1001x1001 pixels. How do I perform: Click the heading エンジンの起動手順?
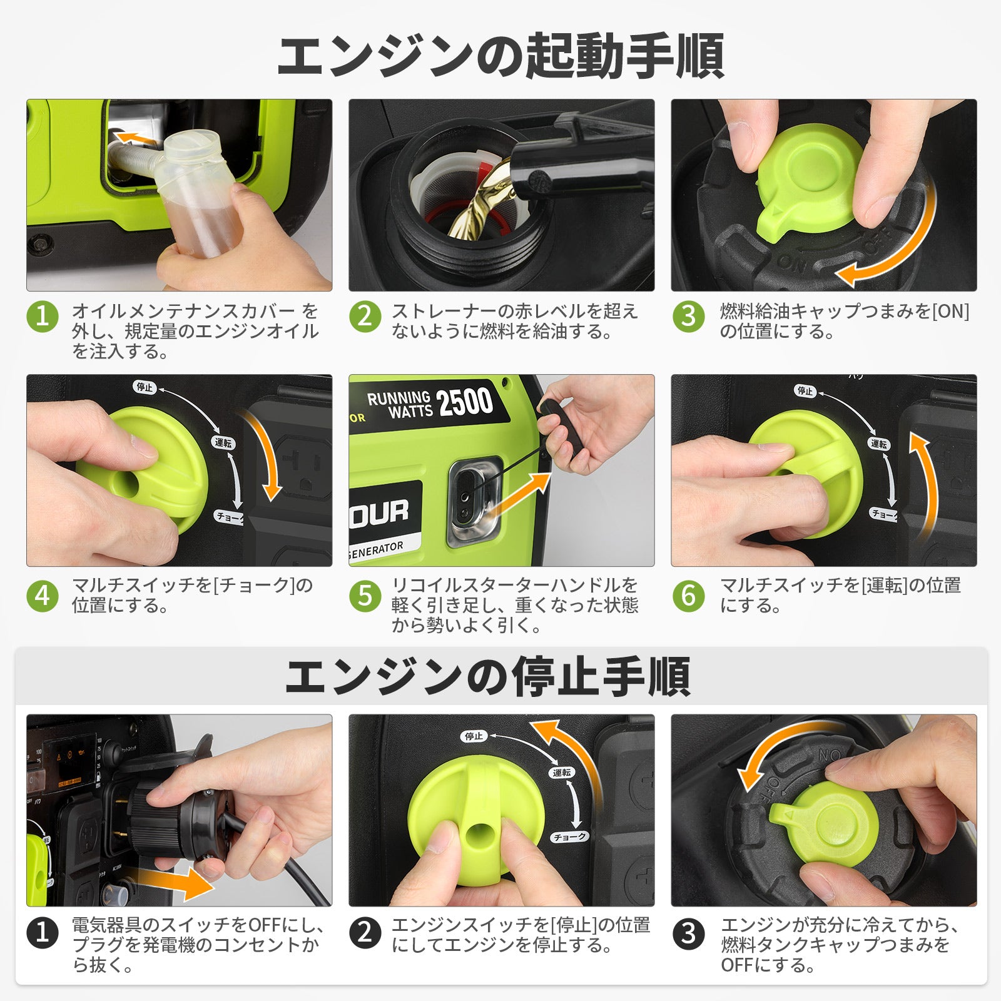tap(500, 56)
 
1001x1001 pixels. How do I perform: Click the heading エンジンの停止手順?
tap(488, 677)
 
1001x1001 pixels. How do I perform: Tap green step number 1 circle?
tap(43, 317)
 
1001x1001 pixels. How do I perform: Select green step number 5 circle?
tap(365, 595)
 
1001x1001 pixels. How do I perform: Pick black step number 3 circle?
tap(688, 934)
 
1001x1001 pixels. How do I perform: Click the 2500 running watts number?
tap(465, 402)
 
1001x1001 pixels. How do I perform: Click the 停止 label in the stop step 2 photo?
tap(474, 736)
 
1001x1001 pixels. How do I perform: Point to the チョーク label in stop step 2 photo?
tap(569, 836)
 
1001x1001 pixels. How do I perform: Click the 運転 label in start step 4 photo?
tap(223, 443)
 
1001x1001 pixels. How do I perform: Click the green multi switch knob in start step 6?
tap(807, 473)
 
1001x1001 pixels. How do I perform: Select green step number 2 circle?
tap(365, 317)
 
